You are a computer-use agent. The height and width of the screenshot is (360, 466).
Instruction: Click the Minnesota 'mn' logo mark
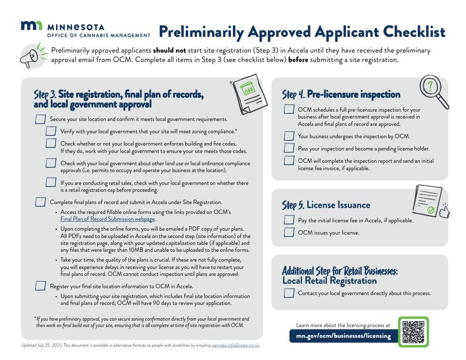(31, 26)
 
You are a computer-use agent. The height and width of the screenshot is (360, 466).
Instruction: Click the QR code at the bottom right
(413, 332)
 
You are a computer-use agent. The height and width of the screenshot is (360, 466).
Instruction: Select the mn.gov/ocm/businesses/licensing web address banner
(343, 336)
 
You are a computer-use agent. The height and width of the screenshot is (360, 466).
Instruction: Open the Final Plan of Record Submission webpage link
(108, 219)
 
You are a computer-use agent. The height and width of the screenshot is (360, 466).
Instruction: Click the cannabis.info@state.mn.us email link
(235, 346)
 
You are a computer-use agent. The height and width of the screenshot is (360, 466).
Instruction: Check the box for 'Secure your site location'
(41, 120)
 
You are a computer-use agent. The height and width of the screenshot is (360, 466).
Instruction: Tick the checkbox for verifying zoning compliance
(51, 131)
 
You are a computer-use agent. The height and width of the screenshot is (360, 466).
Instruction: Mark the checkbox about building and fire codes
(51, 143)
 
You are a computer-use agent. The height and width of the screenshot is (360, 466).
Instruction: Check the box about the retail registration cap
(51, 182)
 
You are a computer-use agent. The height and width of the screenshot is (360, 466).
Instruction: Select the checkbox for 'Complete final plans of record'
(41, 202)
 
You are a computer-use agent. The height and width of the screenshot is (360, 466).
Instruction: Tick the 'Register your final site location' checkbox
(41, 286)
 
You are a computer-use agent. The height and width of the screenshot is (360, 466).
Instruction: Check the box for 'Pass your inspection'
(289, 148)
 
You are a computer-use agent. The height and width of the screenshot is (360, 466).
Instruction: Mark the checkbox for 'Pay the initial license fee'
(289, 220)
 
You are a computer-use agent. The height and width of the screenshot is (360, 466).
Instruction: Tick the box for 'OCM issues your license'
(289, 232)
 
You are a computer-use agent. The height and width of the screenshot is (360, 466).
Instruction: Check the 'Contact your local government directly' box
(289, 293)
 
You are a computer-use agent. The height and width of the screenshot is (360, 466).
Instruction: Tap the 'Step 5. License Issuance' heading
(326, 205)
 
